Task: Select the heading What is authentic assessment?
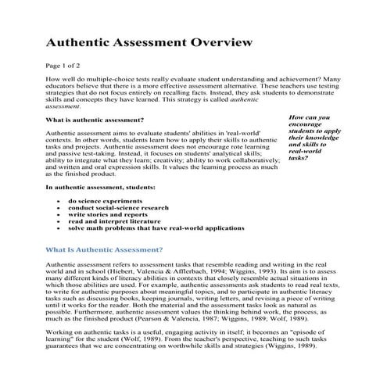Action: point(95,120)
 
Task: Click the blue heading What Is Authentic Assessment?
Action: point(104,249)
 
